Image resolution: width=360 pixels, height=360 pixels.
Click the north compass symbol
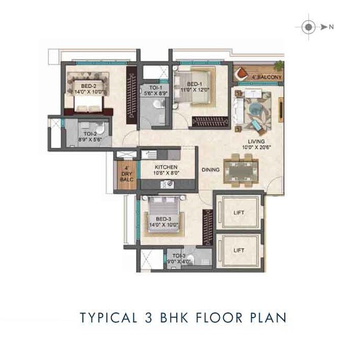pyautogui.click(x=309, y=27)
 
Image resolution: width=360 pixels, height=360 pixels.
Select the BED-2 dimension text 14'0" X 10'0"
pyautogui.click(x=85, y=92)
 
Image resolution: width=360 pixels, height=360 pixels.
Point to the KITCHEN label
pyautogui.click(x=167, y=167)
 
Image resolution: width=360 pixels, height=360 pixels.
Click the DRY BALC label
pyautogui.click(x=126, y=173)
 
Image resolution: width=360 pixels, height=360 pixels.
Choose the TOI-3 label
pyautogui.click(x=178, y=256)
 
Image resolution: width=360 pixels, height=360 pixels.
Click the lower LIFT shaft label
pyautogui.click(x=239, y=250)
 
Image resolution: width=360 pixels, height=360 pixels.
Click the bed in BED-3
pyautogui.click(x=162, y=216)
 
